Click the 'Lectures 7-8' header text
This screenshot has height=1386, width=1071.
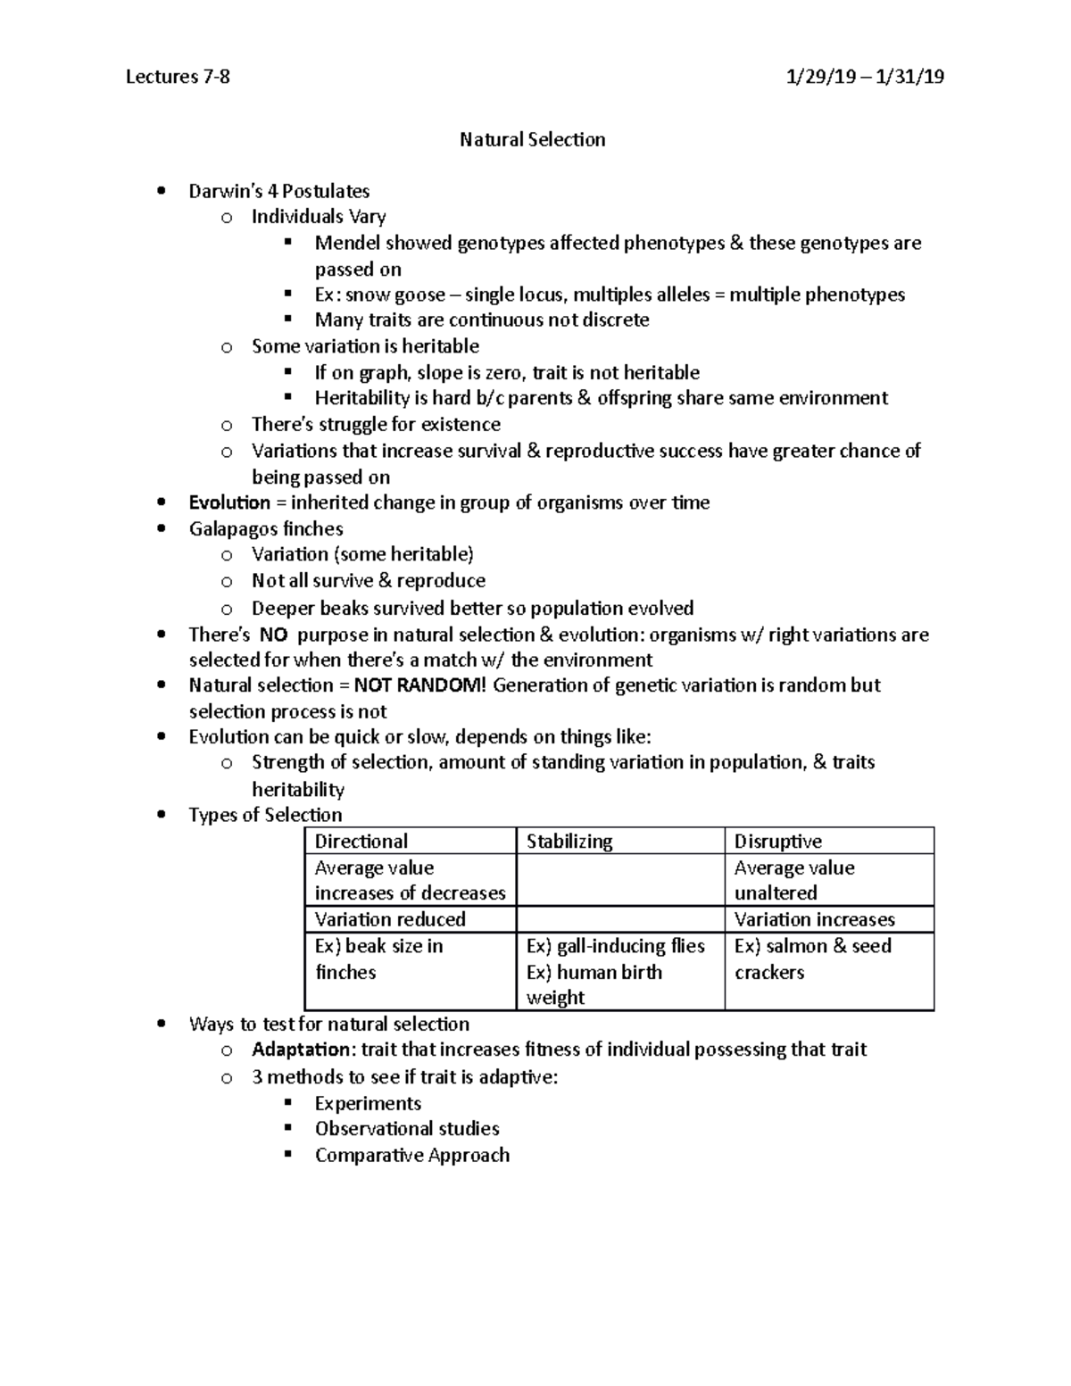(x=178, y=77)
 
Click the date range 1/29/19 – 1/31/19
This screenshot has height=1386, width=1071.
(x=864, y=77)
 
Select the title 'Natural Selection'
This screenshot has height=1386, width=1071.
(x=532, y=139)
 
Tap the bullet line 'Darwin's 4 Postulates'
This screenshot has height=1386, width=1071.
(x=278, y=191)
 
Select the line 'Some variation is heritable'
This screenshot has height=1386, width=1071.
(x=365, y=346)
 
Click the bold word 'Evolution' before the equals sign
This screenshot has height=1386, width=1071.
(x=229, y=502)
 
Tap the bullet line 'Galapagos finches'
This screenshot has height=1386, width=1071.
(x=266, y=528)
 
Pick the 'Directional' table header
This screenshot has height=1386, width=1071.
(x=361, y=841)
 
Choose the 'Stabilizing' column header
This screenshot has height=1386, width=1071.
(x=569, y=841)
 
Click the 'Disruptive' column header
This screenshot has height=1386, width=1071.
(x=777, y=841)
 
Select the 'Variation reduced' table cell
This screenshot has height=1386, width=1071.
(x=390, y=919)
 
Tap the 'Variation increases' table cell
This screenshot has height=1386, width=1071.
(x=814, y=919)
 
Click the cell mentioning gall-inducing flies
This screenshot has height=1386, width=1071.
(x=616, y=946)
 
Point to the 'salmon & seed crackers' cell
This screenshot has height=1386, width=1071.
(x=812, y=959)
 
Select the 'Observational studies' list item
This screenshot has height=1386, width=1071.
(x=406, y=1129)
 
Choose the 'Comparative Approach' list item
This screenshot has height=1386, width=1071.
(x=411, y=1155)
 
